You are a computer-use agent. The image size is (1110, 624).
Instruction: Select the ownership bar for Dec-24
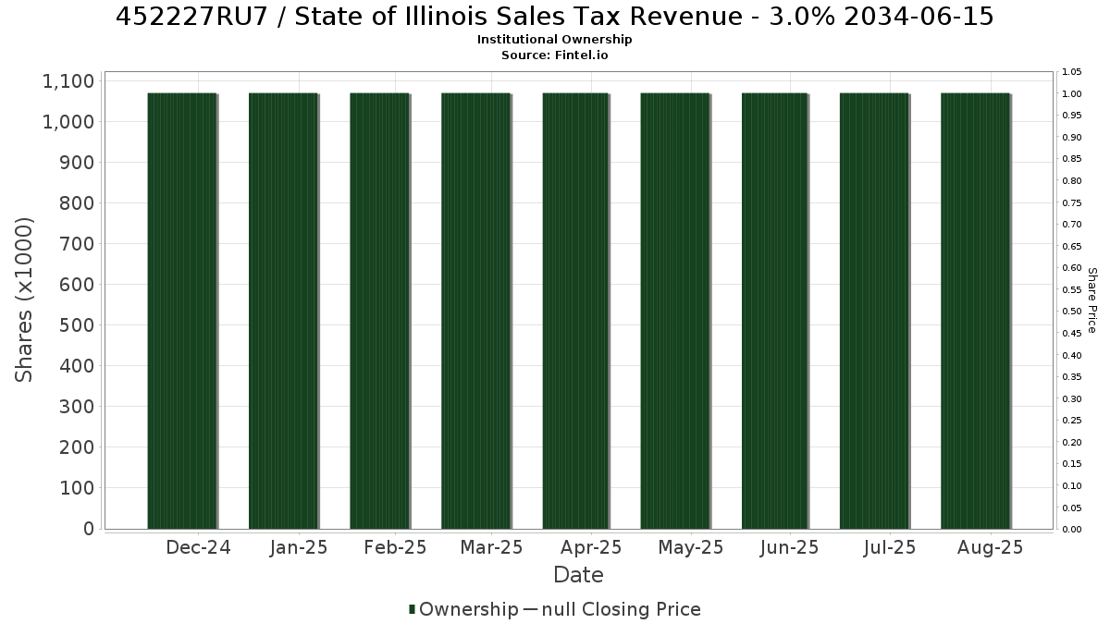pos(182,311)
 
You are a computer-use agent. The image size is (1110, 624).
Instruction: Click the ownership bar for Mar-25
pos(475,311)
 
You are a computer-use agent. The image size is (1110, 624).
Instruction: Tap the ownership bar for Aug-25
pos(975,311)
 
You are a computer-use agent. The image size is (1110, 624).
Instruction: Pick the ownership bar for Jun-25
pos(774,311)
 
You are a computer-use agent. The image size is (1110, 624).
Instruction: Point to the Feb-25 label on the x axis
pos(395,547)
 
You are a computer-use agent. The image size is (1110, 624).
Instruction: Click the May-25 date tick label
pos(691,547)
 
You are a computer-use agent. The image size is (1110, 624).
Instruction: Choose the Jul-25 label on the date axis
pos(890,547)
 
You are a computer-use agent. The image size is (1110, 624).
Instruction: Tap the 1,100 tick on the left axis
pos(68,81)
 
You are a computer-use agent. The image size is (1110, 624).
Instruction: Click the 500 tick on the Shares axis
pos(77,325)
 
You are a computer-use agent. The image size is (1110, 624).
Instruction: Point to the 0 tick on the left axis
pos(89,529)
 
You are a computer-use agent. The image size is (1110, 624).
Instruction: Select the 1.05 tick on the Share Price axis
pos(1072,72)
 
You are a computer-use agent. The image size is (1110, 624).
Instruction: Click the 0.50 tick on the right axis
pos(1072,312)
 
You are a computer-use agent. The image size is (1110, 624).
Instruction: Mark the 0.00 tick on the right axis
pos(1072,530)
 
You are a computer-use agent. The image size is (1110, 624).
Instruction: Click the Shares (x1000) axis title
pos(24,300)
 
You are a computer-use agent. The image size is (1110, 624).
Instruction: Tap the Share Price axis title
pos(1092,300)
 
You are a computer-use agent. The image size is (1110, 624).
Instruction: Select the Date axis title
pos(578,575)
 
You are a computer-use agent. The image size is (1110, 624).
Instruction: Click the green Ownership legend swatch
pos(412,609)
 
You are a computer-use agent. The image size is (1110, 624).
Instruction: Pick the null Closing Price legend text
pos(622,609)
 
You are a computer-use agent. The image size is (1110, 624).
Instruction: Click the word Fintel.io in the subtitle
pos(581,55)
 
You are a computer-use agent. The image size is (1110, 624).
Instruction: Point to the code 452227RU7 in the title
pos(191,17)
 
